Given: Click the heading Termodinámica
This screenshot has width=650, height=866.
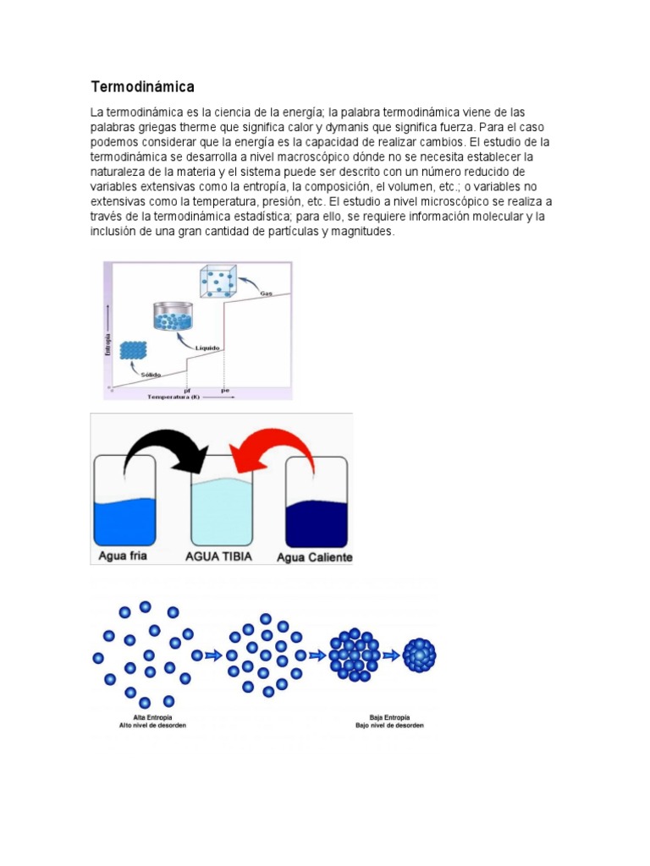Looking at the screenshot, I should pos(142,86).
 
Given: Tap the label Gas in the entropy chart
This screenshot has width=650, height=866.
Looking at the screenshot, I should pos(265,293).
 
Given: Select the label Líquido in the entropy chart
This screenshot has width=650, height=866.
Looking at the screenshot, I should pos(208,348).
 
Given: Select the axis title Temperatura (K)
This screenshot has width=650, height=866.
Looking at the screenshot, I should pos(173,396).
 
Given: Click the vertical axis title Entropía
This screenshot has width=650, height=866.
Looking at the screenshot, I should pos(108,344).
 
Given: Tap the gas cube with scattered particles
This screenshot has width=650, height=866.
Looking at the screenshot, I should pos(217,282).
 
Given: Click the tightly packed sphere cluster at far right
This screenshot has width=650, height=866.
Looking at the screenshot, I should pos(419,654).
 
